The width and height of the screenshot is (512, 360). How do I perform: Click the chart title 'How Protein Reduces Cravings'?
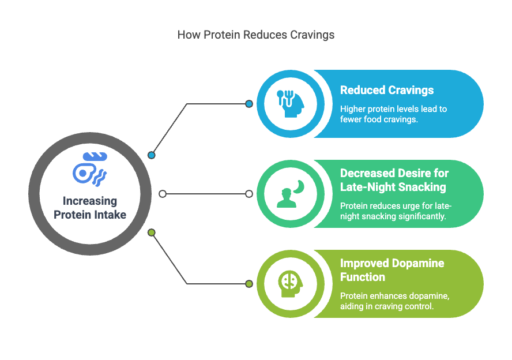click(x=255, y=35)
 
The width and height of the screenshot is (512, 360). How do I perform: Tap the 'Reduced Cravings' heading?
click(x=387, y=90)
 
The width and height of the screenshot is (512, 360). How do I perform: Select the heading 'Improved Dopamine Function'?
click(x=392, y=270)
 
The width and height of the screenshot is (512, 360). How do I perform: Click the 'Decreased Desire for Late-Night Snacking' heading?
click(x=394, y=180)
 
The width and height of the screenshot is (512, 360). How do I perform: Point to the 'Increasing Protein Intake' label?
click(x=89, y=208)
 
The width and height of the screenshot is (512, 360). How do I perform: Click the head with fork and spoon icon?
click(x=290, y=104)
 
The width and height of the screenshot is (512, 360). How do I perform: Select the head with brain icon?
click(x=290, y=284)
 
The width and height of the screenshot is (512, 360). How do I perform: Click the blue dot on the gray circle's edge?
click(x=152, y=155)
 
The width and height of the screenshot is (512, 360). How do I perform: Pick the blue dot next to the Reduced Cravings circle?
click(x=249, y=104)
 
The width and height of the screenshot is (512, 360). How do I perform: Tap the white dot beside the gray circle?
click(x=163, y=194)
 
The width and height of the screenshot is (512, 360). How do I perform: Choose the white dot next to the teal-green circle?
click(x=249, y=194)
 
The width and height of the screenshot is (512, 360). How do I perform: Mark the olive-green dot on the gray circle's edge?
click(x=152, y=232)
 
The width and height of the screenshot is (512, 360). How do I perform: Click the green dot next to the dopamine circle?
click(x=249, y=284)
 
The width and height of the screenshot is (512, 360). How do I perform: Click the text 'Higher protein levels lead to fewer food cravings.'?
click(x=393, y=114)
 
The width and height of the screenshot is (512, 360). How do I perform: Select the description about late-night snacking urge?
click(x=396, y=211)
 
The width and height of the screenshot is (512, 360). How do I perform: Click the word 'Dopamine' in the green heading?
click(x=419, y=263)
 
